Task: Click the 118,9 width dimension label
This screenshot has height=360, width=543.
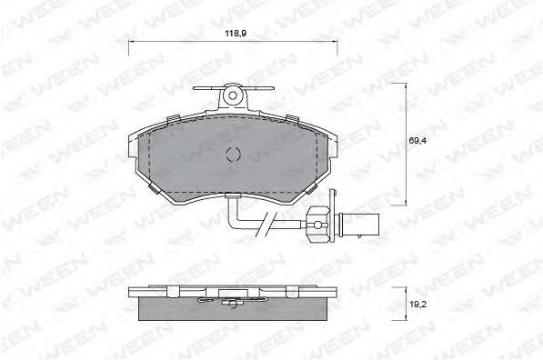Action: pos(236,34)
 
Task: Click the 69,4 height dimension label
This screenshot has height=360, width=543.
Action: pos(417,141)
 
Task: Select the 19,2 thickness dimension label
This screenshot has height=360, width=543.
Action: pos(417,305)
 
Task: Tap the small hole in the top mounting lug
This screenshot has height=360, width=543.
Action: pos(233,95)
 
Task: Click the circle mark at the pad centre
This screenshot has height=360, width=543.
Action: pos(233,154)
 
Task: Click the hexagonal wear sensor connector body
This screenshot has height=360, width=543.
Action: pos(317,225)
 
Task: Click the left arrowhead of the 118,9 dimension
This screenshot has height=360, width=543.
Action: pos(131,42)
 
